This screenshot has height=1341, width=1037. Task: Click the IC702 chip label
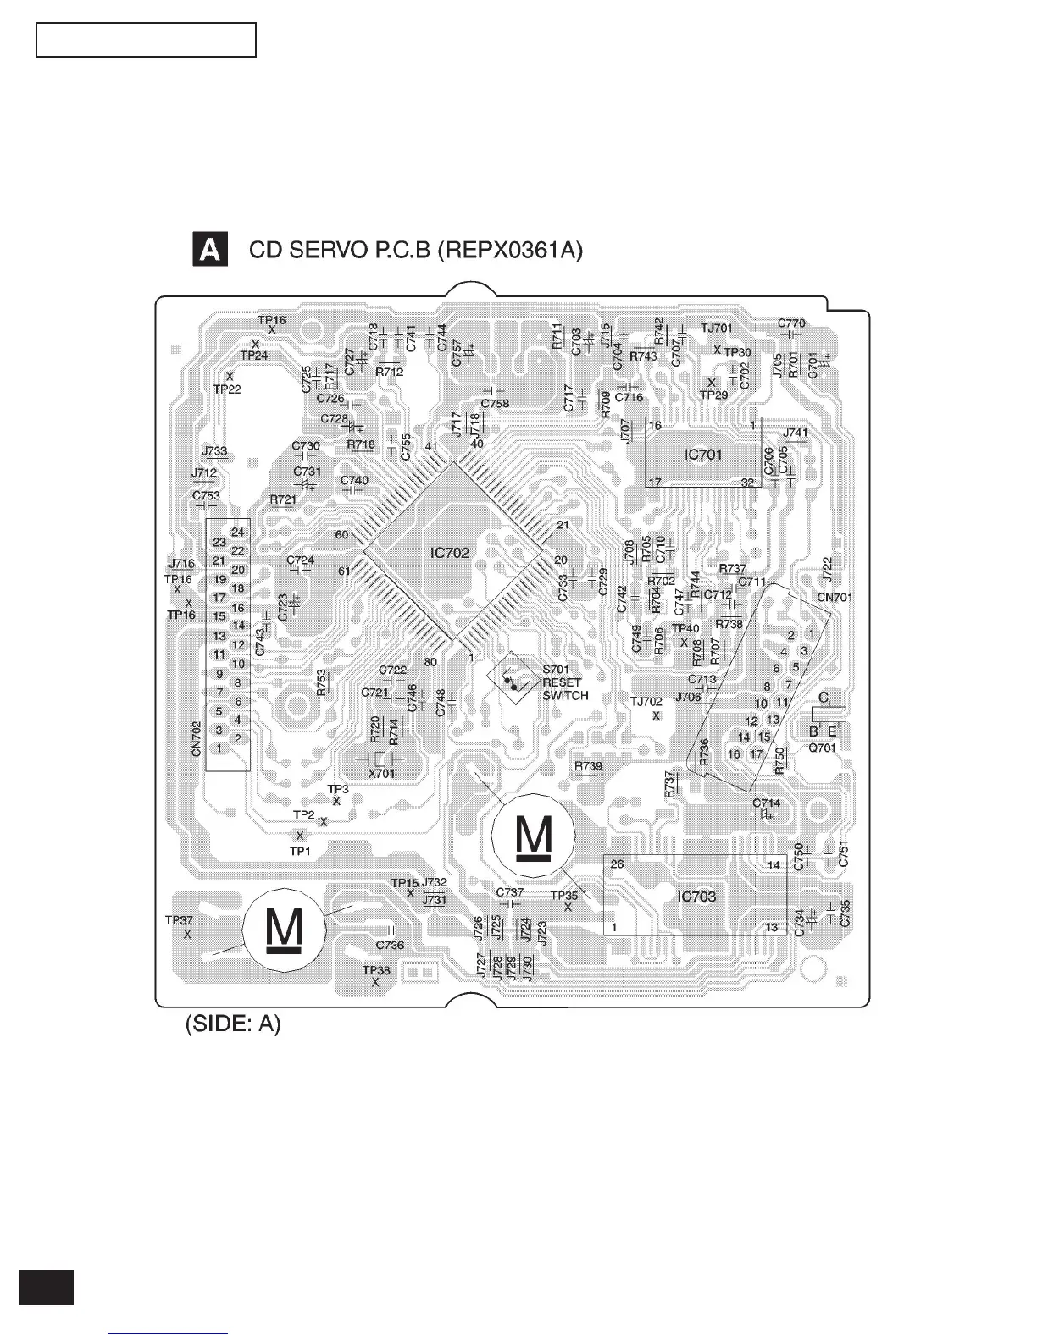pos(449,553)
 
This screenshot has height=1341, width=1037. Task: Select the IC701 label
pos(703,455)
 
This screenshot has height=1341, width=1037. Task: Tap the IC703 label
pos(696,897)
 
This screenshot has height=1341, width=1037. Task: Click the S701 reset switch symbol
pos(513,679)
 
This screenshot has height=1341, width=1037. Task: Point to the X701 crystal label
pos(381,773)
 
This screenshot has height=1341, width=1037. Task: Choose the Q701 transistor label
pos(822,748)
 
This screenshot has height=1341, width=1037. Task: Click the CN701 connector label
pos(835,597)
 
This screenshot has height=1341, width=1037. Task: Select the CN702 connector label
pos(197,738)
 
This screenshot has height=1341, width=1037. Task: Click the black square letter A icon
pos(210,251)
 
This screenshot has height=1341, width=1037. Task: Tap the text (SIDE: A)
pos(233,1024)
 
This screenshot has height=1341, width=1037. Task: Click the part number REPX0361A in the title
pos(508,251)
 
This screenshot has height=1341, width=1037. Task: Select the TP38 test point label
pos(376,970)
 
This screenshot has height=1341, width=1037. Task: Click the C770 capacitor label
pos(791,323)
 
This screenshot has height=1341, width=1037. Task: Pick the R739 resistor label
pos(588,766)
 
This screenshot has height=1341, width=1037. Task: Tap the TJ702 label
pos(646,701)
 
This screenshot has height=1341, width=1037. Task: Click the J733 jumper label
pos(214,452)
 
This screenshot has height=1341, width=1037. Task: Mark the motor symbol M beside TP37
pos(283,930)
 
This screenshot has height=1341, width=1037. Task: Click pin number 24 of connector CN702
pos(238,532)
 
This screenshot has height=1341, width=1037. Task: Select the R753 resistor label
pos(321,682)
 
